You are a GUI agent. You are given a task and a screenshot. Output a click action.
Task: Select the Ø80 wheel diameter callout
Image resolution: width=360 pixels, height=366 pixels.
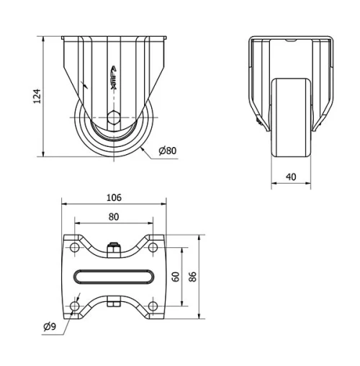(x=166, y=151)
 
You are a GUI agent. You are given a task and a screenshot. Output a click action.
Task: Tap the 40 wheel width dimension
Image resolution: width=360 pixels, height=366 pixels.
(x=291, y=177)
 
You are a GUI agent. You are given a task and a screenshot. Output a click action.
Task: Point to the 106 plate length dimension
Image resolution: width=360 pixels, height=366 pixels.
(x=114, y=197)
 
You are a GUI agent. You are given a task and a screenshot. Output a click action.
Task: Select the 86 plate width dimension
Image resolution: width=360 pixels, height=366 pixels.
(x=192, y=277)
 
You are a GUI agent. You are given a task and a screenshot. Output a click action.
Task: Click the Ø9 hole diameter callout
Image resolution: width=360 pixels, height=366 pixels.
(x=50, y=328)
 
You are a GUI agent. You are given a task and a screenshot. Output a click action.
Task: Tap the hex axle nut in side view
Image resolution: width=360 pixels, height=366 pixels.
(x=114, y=120)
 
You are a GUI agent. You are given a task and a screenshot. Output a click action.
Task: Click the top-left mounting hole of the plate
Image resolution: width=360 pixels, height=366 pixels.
(x=75, y=247)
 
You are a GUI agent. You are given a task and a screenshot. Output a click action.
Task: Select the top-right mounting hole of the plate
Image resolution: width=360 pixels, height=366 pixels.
(x=153, y=247)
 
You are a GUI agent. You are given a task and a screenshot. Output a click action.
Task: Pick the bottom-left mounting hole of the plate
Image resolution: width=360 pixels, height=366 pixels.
(x=75, y=307)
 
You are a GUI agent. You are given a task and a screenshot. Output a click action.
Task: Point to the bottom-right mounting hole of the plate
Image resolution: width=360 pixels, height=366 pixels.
(x=153, y=307)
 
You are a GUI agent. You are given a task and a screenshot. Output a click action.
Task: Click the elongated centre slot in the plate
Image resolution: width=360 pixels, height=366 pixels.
(x=114, y=277)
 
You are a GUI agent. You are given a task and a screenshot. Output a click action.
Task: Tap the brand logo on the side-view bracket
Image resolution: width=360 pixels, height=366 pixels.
(x=114, y=75)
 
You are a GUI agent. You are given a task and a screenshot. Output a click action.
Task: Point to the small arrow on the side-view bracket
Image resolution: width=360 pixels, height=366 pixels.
(x=86, y=84)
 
